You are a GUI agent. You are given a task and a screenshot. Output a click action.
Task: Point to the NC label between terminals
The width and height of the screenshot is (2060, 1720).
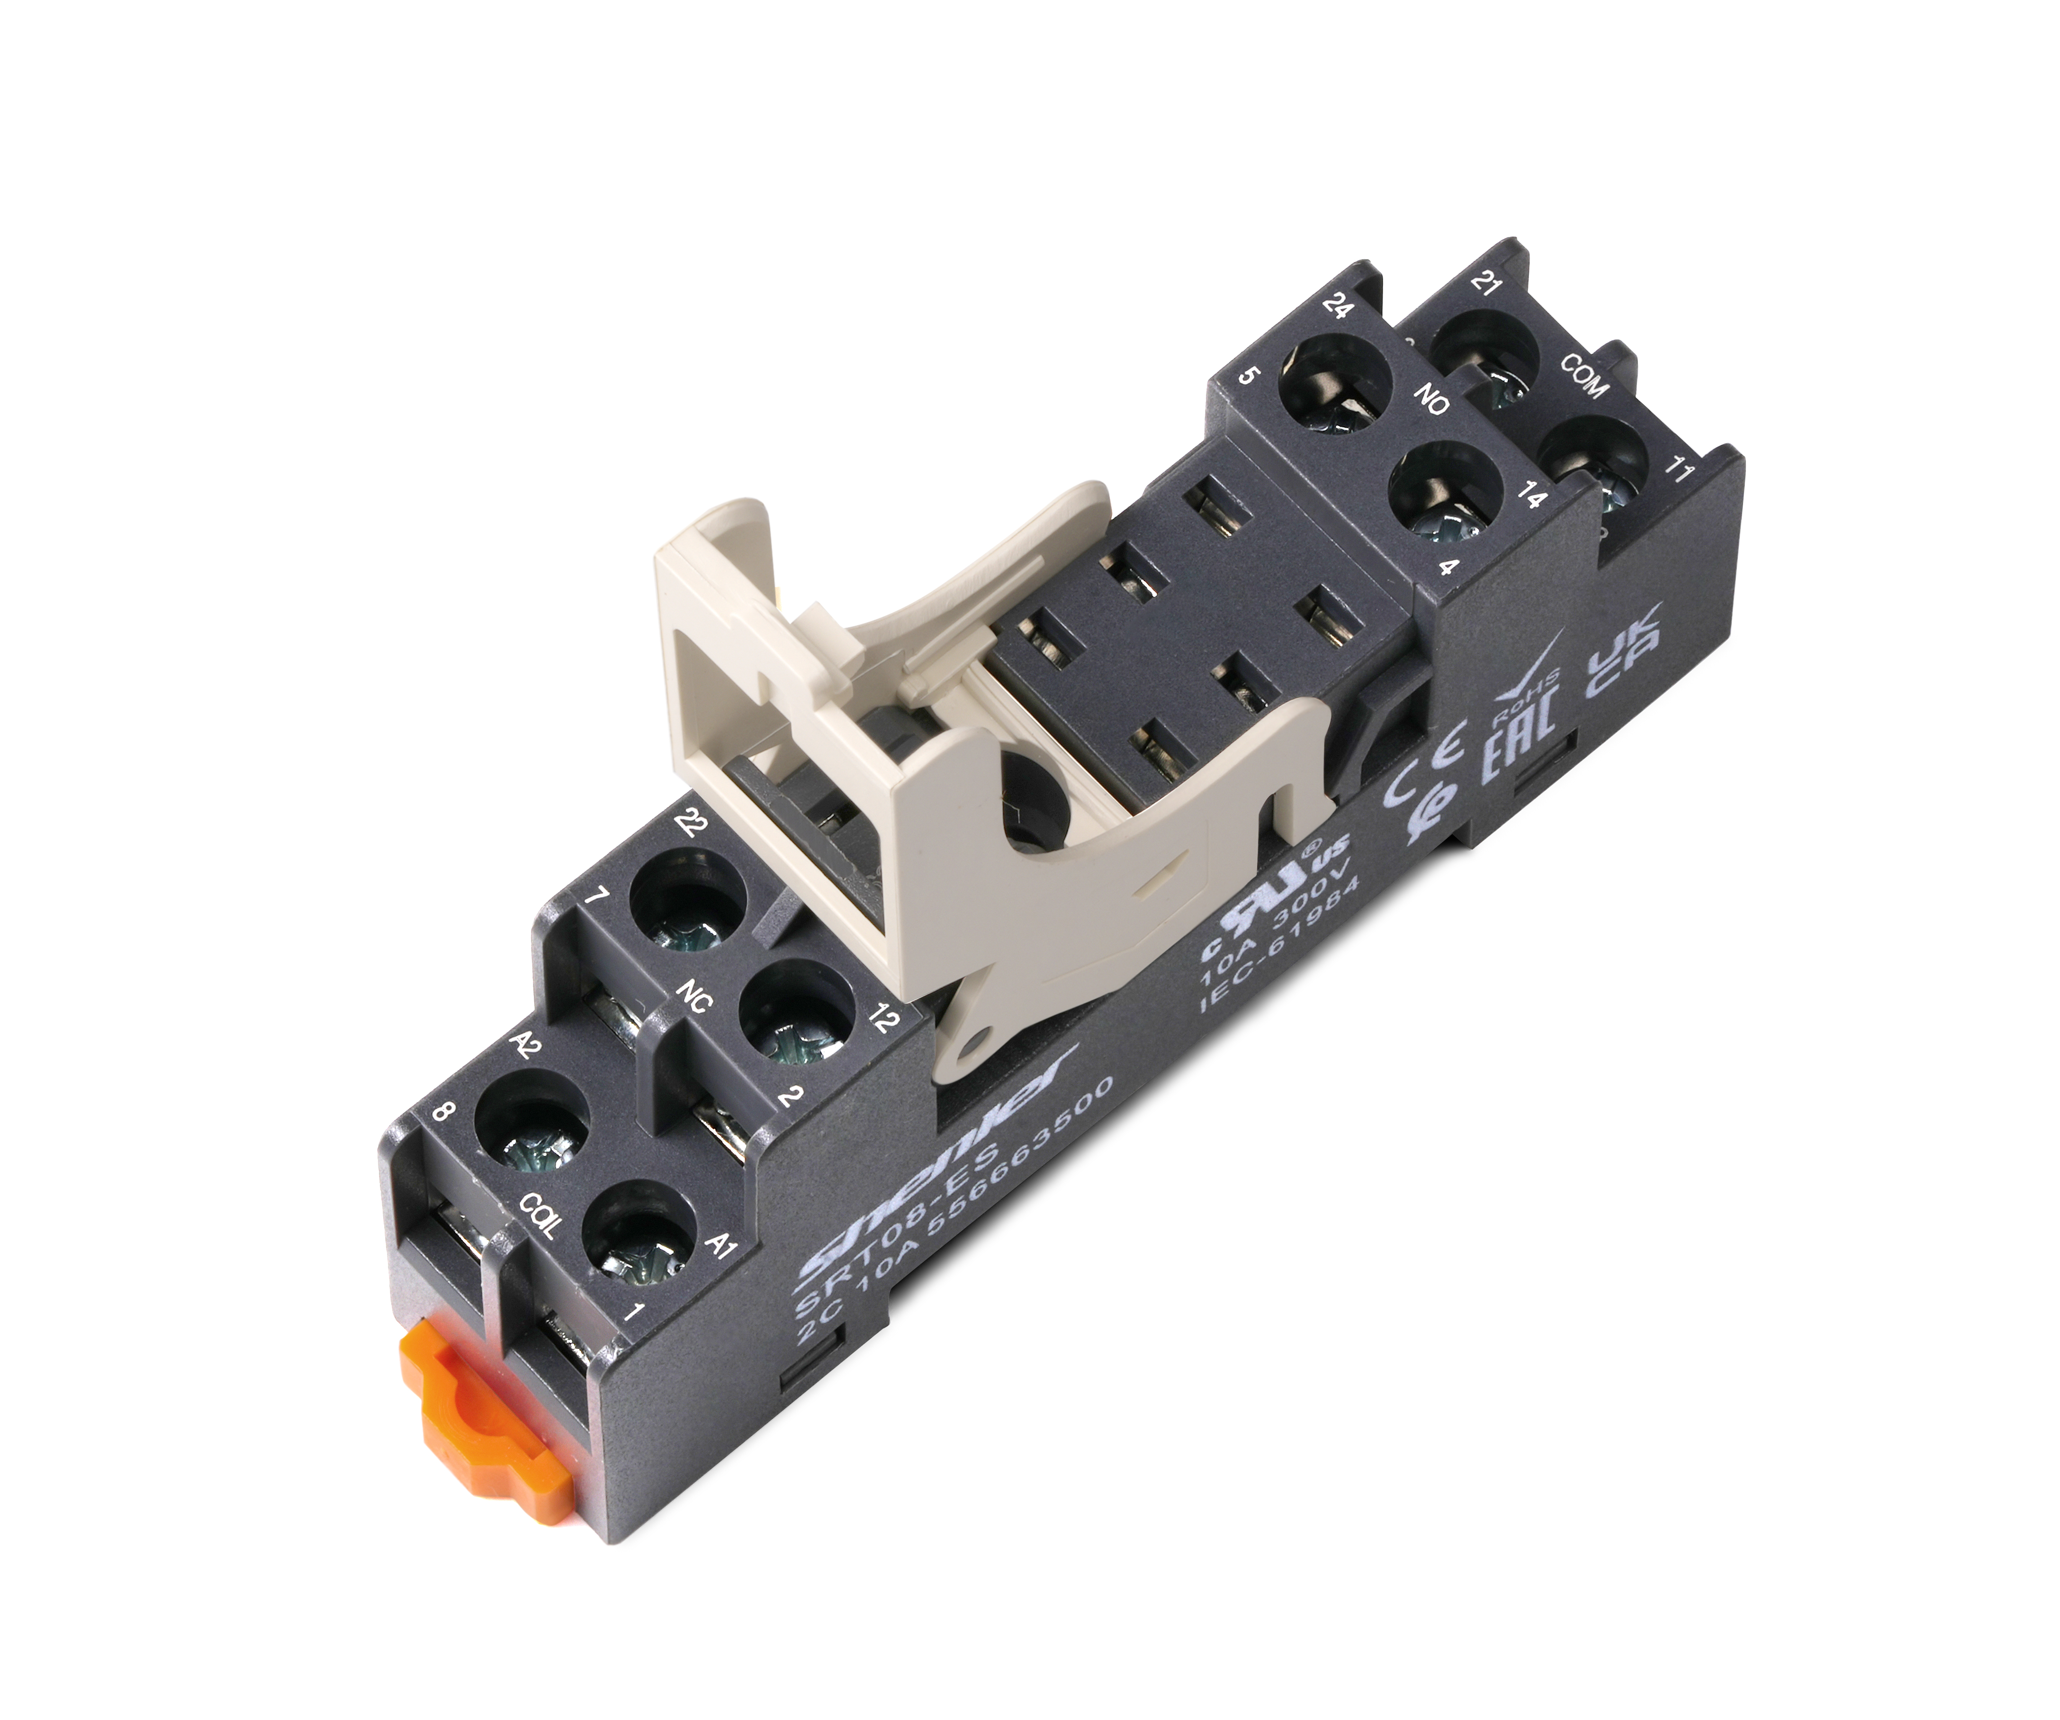694,997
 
